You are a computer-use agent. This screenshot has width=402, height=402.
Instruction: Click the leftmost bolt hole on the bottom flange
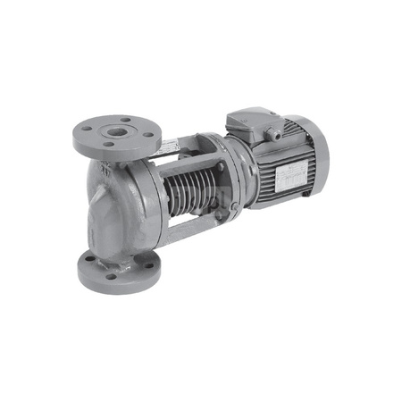(89, 265)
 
